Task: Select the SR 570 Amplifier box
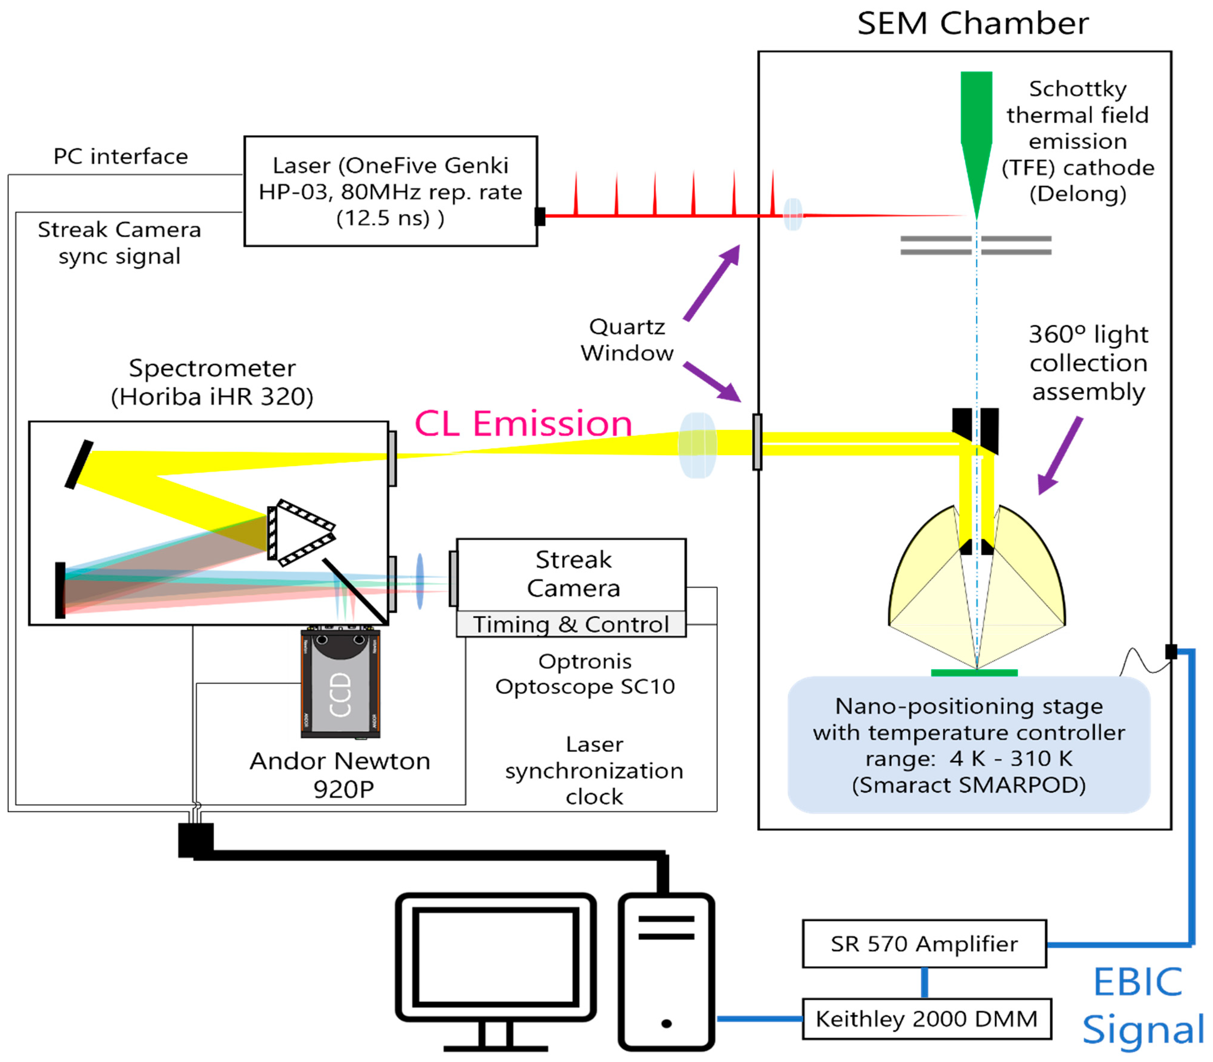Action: point(924,943)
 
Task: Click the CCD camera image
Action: point(340,684)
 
